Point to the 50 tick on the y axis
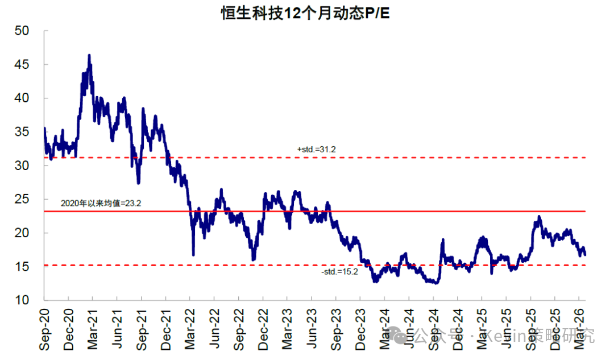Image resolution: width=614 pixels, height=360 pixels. coord(22,31)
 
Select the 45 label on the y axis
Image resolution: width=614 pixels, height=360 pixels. coord(22,64)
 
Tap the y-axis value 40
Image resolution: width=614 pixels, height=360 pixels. coord(22,98)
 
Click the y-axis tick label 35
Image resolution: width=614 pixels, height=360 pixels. coord(22,131)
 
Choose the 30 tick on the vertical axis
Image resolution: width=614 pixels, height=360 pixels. coord(22,165)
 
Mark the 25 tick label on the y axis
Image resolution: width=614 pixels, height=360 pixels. coord(22,199)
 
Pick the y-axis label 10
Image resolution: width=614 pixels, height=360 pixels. coord(22,300)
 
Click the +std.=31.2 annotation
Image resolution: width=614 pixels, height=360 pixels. coord(317,149)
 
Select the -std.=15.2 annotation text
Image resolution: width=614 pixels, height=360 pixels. coord(339,272)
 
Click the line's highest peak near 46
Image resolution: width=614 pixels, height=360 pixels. coord(89,55)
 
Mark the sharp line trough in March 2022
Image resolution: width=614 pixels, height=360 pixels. coord(193,254)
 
